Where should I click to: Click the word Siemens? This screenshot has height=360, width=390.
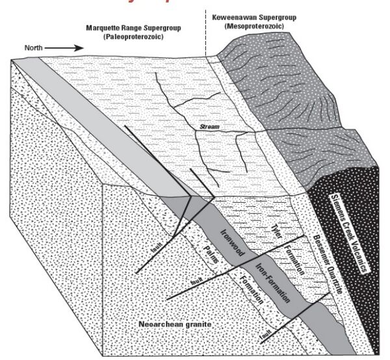(x=331, y=194)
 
